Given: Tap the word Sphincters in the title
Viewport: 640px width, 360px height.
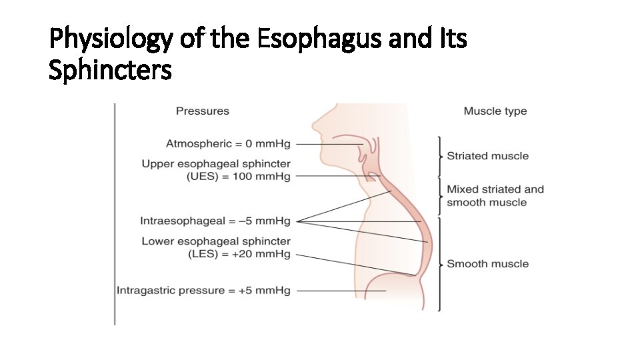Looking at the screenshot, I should point(110,69).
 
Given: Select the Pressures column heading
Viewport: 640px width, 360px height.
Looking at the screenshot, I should point(202,111).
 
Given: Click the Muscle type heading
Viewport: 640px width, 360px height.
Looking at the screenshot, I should point(495,111).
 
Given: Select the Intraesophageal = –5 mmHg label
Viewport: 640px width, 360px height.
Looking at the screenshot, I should point(215,221).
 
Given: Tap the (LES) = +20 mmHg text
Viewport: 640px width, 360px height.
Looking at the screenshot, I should point(241,254).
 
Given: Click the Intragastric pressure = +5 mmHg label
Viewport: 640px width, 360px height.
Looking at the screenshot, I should point(203,291).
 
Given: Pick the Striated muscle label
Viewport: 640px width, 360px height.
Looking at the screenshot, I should point(487,156).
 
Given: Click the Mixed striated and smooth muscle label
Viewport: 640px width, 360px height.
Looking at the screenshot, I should point(495,196).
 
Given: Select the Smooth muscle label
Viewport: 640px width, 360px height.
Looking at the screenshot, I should point(487,264).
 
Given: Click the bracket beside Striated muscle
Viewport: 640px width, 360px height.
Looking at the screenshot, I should point(440,156).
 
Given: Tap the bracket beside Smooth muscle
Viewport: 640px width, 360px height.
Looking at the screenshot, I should point(440,264).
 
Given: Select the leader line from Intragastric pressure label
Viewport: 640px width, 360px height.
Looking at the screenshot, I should point(340,291).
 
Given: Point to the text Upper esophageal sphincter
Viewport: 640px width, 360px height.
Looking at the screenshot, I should point(215,164).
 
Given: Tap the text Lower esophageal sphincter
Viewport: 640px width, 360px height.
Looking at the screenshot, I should point(215,241).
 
